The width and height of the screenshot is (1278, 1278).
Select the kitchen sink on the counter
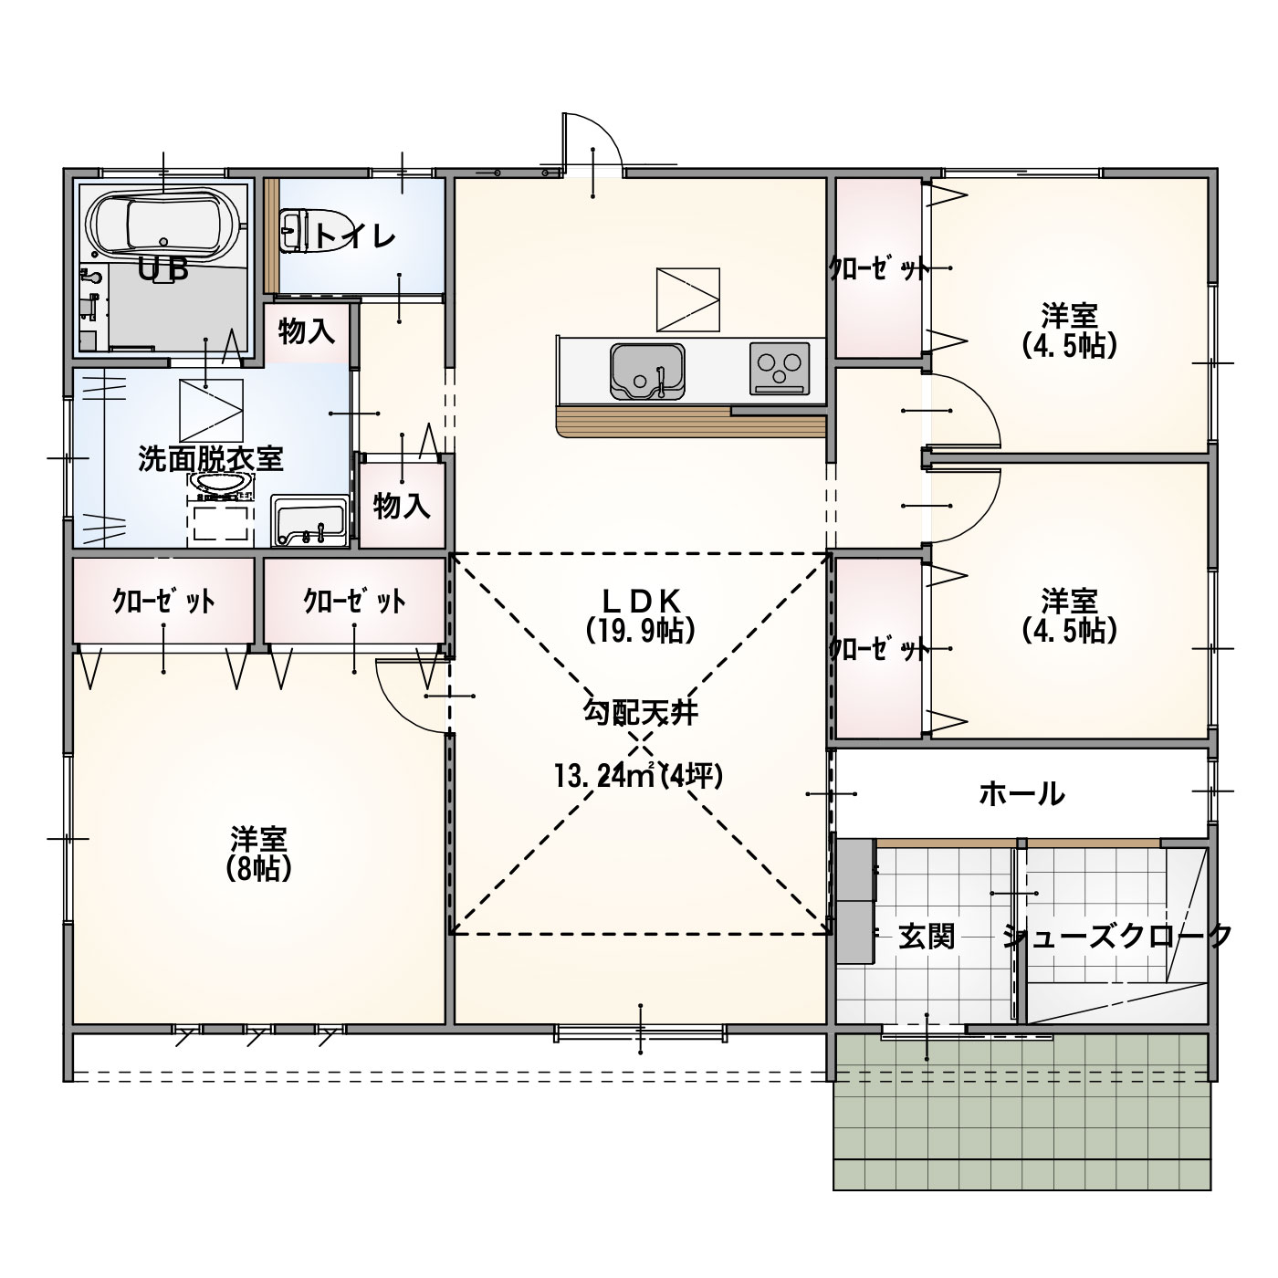[647, 371]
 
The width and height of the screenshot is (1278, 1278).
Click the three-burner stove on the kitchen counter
[780, 368]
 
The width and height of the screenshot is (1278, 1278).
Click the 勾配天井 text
[641, 714]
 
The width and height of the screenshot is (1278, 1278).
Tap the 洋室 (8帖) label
[258, 853]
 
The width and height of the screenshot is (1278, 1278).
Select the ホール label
[1021, 793]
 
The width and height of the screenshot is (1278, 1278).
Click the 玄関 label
[927, 938]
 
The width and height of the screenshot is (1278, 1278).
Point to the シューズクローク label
[1116, 937]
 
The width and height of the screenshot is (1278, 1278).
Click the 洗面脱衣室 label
[211, 459]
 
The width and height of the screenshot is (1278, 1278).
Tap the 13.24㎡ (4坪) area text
[639, 775]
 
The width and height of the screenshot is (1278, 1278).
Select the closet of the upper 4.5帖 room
[878, 268]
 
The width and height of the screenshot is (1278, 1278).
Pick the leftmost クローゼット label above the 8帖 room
[163, 601]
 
